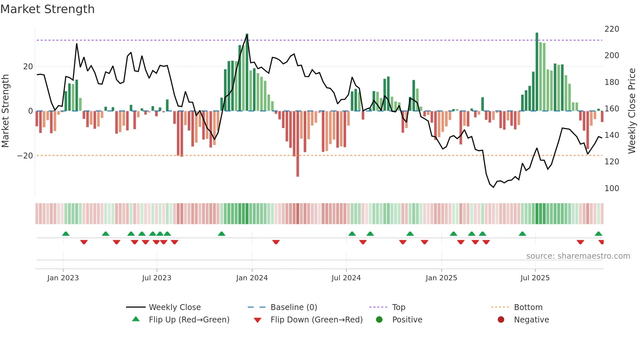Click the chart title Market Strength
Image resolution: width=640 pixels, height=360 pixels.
[x=48, y=9]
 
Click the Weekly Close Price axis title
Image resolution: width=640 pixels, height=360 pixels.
[x=632, y=111]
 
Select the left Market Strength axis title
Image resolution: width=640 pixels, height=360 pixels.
[x=5, y=111]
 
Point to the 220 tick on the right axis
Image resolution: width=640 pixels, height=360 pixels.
[x=612, y=29]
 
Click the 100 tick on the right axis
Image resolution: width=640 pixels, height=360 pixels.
[x=612, y=188]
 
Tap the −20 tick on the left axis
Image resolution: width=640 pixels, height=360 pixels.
[x=25, y=156]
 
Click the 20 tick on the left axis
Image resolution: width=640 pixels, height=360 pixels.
[x=28, y=67]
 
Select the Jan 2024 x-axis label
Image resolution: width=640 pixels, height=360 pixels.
[x=252, y=278]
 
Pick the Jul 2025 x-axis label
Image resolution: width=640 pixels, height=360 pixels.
[x=535, y=278]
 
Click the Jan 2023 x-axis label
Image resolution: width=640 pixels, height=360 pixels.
[x=63, y=278]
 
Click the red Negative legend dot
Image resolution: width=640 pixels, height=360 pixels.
[x=501, y=320]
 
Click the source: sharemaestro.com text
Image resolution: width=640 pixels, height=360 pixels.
[x=578, y=256]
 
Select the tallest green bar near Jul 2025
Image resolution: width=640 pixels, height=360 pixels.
[x=537, y=72]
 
